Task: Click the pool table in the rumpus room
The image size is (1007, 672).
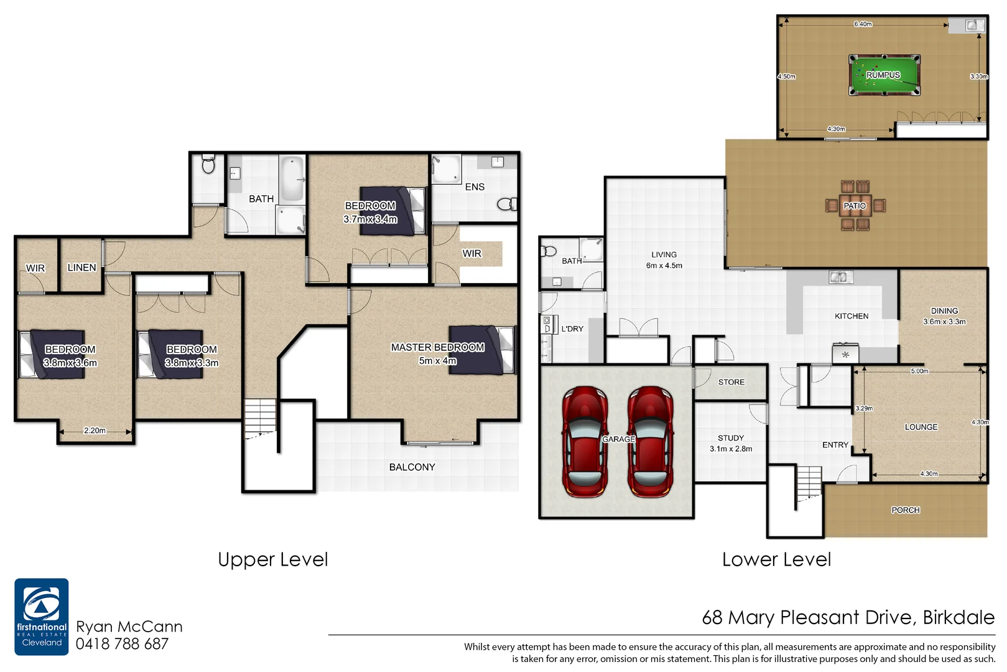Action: click(884, 75)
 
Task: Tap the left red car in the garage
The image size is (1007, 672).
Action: click(585, 442)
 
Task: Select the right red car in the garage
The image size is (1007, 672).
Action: click(651, 442)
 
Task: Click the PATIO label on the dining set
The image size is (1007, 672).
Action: click(855, 206)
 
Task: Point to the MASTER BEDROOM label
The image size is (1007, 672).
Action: click(437, 347)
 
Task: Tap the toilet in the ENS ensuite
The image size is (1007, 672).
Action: click(507, 204)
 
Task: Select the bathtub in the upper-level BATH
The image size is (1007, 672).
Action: click(292, 179)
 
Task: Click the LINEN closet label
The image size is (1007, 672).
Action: click(81, 268)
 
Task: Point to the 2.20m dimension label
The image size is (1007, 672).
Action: click(95, 431)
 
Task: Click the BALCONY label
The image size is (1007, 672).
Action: click(412, 467)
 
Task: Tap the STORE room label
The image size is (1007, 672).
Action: click(731, 382)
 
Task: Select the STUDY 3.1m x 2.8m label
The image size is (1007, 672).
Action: click(731, 443)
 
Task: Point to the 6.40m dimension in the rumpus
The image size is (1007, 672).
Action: click(863, 24)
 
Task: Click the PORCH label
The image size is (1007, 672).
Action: click(905, 510)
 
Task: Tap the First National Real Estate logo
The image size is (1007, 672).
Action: click(42, 617)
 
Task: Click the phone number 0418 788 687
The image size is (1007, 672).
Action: click(122, 644)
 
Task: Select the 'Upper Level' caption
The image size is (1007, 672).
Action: click(272, 559)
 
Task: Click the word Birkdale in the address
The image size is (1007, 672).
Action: click(958, 617)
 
